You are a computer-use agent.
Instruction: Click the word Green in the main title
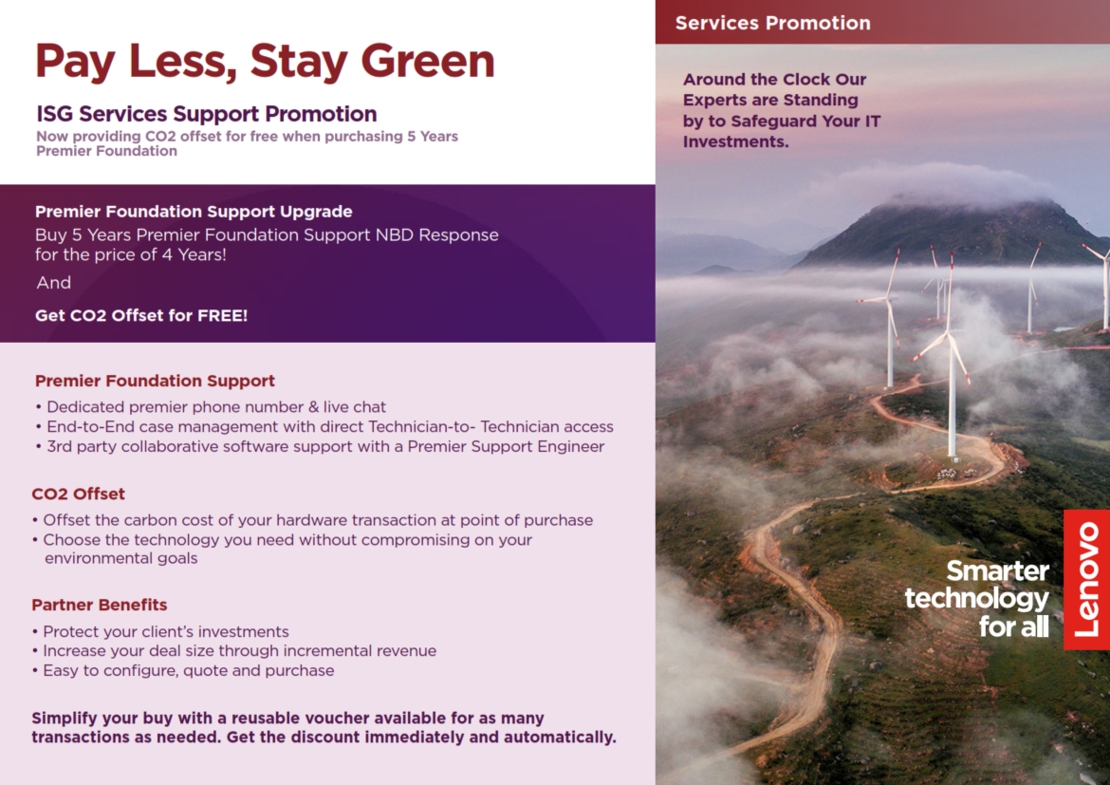(x=428, y=61)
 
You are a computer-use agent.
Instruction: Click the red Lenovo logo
(x=1086, y=580)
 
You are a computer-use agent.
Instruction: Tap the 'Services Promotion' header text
(x=772, y=23)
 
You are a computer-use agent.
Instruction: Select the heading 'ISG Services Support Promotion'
(x=207, y=113)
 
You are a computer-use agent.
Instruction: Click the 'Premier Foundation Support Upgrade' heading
(x=194, y=211)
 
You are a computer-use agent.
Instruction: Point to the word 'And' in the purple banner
(x=54, y=283)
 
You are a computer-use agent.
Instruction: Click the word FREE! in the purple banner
(x=222, y=315)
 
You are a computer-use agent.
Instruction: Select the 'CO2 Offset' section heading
(x=78, y=494)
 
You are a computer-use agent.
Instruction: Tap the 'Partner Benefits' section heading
(x=99, y=605)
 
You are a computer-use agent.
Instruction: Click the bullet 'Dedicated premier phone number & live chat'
(x=211, y=406)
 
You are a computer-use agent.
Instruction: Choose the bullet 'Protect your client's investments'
(x=160, y=631)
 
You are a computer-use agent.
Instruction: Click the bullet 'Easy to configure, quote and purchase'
(x=183, y=670)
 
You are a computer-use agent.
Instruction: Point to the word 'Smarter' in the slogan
(x=997, y=571)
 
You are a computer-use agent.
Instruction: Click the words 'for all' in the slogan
(x=1014, y=626)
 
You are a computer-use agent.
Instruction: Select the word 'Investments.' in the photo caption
(x=735, y=141)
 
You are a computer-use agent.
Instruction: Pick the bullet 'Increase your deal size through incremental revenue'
(x=234, y=650)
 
